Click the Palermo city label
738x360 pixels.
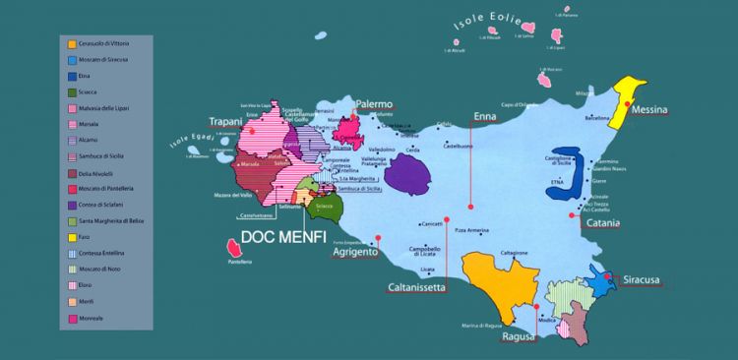[375, 103]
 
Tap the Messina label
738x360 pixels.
[651, 109]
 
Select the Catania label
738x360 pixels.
[601, 223]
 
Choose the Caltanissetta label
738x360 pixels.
[415, 287]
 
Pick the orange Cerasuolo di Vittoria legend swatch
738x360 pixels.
[72, 44]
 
